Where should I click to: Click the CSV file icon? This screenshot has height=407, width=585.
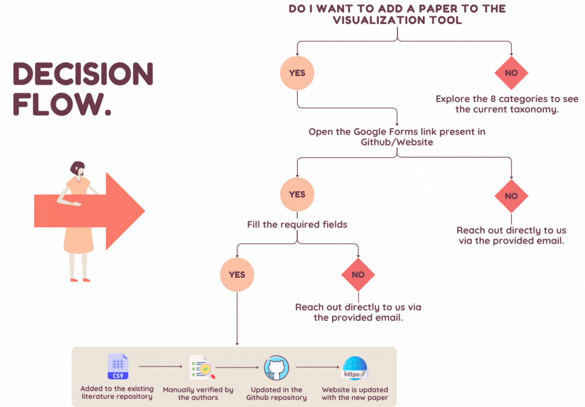118,367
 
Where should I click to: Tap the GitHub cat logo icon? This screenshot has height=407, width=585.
277,368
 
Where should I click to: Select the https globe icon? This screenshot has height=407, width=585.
355,368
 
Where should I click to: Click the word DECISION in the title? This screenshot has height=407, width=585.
82,75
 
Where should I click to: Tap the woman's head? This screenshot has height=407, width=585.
78,169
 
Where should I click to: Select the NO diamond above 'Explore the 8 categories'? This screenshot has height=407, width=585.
511,73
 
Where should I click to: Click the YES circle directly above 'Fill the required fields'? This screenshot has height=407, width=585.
297,194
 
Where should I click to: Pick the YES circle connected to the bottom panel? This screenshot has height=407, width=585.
237,274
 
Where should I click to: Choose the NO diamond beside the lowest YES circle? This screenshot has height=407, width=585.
358,274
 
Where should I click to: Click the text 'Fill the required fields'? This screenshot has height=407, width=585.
297,224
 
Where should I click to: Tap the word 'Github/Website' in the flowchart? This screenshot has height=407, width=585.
397,142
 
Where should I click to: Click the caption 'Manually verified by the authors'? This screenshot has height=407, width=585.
198,394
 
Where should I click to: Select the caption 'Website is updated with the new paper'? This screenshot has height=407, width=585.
355,394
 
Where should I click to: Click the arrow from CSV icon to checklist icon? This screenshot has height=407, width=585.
160,367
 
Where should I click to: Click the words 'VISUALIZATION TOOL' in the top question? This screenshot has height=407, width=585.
397,21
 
